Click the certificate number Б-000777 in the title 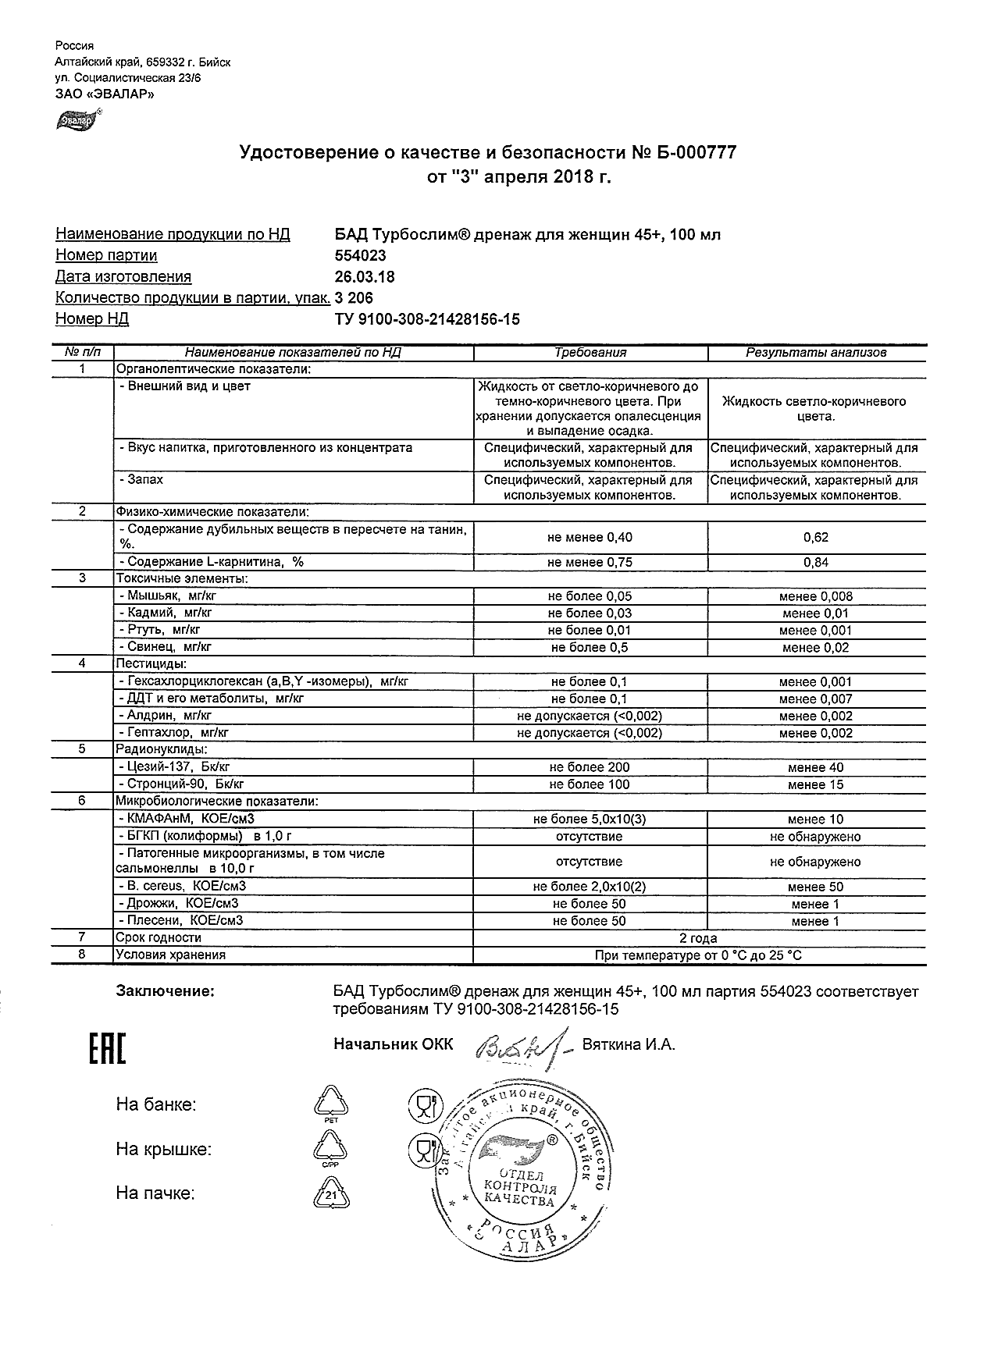[x=694, y=153]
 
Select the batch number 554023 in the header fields [x=360, y=256]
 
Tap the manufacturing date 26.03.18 [x=365, y=277]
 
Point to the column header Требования [x=590, y=353]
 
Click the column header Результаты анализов [x=816, y=353]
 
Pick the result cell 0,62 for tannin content [x=816, y=538]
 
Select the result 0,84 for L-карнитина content [x=816, y=563]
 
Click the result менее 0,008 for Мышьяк [x=816, y=596]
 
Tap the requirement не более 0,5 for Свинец [x=590, y=648]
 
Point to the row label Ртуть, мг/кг [x=160, y=630]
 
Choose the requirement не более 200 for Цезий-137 [x=590, y=768]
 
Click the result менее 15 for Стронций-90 [x=816, y=785]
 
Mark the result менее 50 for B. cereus [x=816, y=887]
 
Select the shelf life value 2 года [x=699, y=938]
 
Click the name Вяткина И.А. [x=629, y=1045]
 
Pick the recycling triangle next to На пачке [x=332, y=1194]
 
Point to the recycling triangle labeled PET [x=332, y=1102]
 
